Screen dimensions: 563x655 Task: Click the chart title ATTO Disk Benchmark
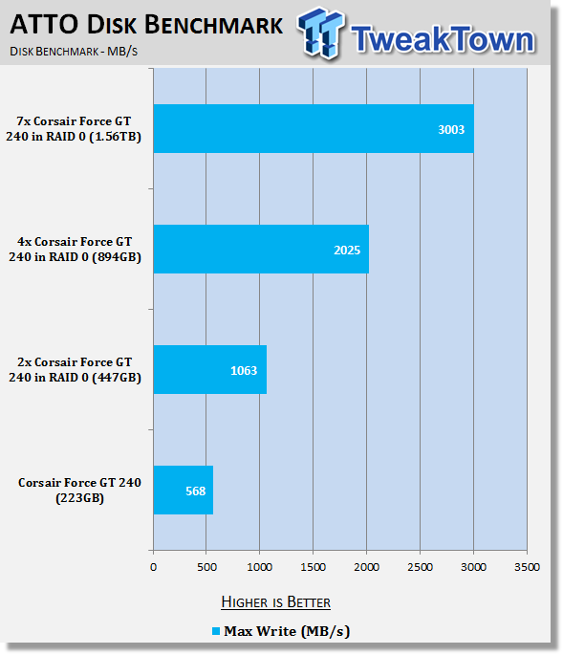coord(146,25)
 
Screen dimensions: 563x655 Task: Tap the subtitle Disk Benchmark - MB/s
coord(74,52)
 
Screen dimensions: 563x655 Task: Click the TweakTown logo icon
coord(321,33)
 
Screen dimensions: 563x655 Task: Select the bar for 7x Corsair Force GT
coord(314,129)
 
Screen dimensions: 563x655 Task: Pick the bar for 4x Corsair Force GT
coord(261,249)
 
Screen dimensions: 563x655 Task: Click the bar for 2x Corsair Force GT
coord(210,370)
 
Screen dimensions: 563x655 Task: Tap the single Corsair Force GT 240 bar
coord(184,490)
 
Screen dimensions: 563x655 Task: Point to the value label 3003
coord(451,129)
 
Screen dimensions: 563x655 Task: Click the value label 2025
coord(347,251)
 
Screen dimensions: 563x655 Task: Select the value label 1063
coord(244,370)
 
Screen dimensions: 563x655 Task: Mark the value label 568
coord(195,491)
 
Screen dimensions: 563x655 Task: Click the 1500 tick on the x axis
coord(313,567)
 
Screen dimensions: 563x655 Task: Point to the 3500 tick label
coord(527,567)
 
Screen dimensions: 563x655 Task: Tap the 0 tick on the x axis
coord(153,567)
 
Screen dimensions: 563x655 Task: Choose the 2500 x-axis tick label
coord(420,567)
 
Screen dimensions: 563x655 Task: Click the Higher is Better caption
coord(275,602)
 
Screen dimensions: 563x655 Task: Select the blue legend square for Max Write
coord(215,631)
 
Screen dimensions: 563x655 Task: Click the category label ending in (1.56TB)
coord(74,129)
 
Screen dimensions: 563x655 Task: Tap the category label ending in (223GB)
coord(79,490)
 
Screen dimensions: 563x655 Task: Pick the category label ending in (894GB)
coord(75,249)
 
